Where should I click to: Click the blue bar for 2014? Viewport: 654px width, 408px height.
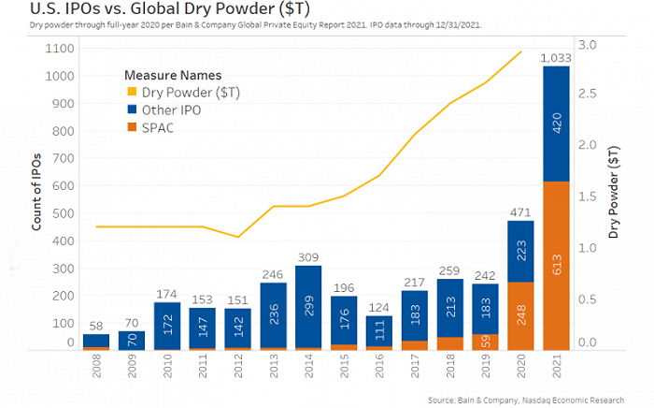(x=307, y=307)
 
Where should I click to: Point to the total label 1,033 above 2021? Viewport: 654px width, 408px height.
(x=558, y=59)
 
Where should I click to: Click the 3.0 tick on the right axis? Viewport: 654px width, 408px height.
(x=589, y=44)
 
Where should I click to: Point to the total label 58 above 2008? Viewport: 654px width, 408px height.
(x=95, y=326)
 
